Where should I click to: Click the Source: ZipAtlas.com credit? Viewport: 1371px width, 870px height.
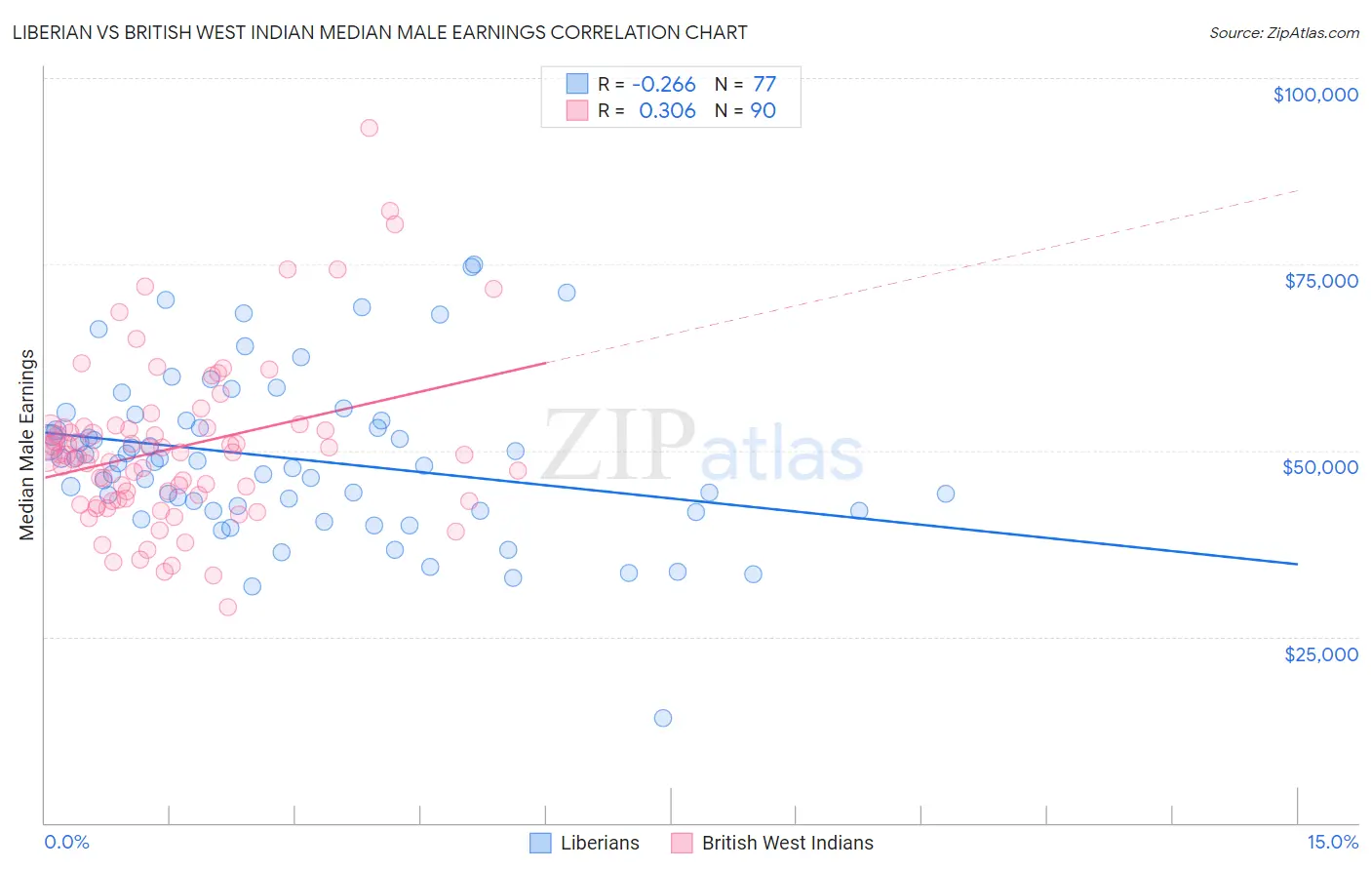coord(1283,32)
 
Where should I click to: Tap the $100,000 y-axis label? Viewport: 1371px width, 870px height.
coord(1315,95)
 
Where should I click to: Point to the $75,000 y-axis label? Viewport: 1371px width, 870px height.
coord(1321,281)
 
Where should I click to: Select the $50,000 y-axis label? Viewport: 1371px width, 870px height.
coord(1320,467)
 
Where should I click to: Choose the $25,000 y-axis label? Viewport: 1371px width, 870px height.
coord(1320,654)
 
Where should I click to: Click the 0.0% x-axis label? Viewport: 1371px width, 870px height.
coord(66,843)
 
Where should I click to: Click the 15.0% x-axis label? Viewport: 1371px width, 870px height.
coord(1332,843)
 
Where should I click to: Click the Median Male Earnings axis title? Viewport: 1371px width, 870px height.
coord(27,445)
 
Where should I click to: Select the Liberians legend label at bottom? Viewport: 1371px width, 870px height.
coord(600,843)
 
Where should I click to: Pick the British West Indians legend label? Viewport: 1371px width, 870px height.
coord(787,843)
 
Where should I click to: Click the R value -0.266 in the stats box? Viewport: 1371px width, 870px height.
coord(664,85)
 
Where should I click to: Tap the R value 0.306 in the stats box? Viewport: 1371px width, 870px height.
coord(667,111)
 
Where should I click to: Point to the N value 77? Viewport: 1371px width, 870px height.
coord(764,85)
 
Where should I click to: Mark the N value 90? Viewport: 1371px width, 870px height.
coord(764,111)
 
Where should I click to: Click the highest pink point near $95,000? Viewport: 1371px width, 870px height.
coord(369,128)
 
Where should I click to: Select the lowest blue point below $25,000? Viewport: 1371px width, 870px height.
coord(663,718)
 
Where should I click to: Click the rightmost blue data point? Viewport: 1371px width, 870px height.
coord(946,494)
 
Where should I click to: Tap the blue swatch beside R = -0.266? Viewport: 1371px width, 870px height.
coord(577,84)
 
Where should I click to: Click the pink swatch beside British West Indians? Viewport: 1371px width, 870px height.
coord(682,843)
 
